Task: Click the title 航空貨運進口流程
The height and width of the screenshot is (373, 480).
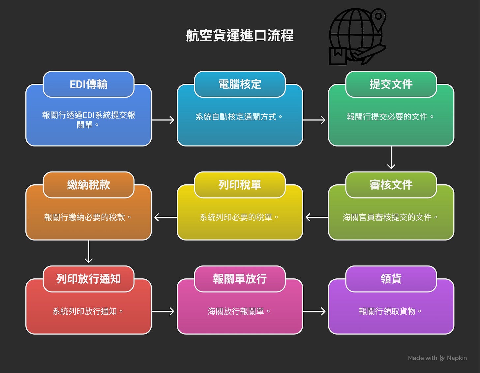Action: (x=240, y=35)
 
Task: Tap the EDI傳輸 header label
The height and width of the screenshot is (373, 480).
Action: (x=88, y=84)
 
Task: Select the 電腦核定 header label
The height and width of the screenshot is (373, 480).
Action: (x=240, y=84)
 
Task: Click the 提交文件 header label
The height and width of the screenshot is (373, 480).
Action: (x=391, y=84)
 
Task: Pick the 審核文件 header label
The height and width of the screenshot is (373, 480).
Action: (x=391, y=185)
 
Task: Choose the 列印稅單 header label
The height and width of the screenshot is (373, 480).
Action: (x=240, y=185)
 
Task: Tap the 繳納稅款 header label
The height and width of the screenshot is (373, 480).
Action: (x=88, y=185)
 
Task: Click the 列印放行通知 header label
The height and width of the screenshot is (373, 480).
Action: (x=88, y=279)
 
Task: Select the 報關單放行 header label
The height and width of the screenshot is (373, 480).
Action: (x=240, y=279)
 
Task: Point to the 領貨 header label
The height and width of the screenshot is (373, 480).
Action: (x=391, y=279)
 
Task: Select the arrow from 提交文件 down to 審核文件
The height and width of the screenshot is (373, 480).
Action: (x=391, y=158)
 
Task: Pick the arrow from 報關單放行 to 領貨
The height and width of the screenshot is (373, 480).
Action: (x=315, y=311)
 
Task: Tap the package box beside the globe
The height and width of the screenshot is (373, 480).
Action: (x=338, y=56)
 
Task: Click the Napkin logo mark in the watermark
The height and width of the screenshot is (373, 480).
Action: (x=442, y=358)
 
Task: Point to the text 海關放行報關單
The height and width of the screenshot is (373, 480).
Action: (x=236, y=311)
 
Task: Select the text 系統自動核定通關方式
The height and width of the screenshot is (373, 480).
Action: (x=236, y=117)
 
